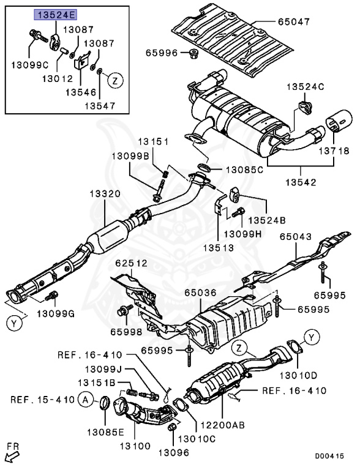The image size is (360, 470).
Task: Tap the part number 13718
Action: (x=332, y=150)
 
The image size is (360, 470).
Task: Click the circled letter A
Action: (x=87, y=400)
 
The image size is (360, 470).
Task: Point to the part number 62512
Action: (x=131, y=264)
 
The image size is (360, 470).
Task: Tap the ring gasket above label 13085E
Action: (x=105, y=403)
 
